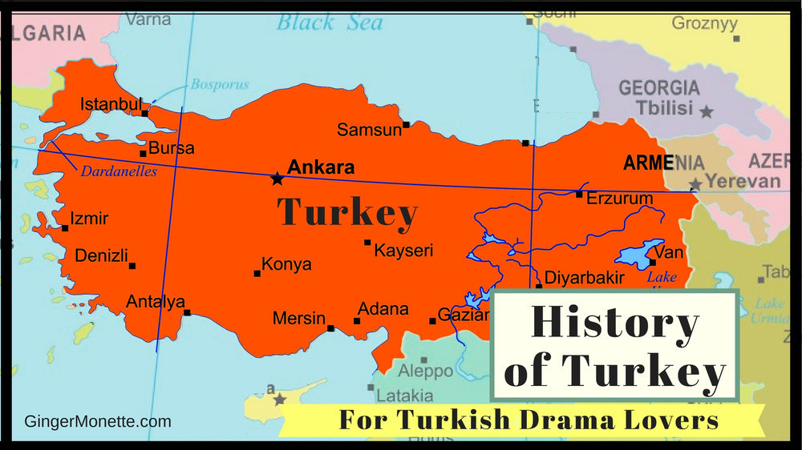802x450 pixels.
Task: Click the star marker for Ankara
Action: point(277,179)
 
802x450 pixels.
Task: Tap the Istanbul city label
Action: point(111,105)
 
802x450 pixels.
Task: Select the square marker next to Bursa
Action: point(143,154)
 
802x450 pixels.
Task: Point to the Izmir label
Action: point(89,219)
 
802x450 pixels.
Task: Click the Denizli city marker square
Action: point(132,266)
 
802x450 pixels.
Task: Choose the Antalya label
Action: point(155,302)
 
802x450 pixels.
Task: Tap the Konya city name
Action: point(286,264)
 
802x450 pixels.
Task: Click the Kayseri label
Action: point(403,251)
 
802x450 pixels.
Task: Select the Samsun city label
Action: point(369,130)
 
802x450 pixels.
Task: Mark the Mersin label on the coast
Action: point(298,318)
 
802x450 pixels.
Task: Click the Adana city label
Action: point(383,309)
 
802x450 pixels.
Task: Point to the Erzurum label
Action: point(619,199)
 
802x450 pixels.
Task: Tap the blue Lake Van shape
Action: point(640,254)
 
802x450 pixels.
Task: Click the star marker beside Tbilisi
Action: point(706,112)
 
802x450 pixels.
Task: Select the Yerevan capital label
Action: point(743,181)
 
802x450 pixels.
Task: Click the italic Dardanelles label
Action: point(119,171)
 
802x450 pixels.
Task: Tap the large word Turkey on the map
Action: point(347,213)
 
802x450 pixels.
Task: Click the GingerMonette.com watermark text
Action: point(98,421)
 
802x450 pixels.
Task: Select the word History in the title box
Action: point(614,323)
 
